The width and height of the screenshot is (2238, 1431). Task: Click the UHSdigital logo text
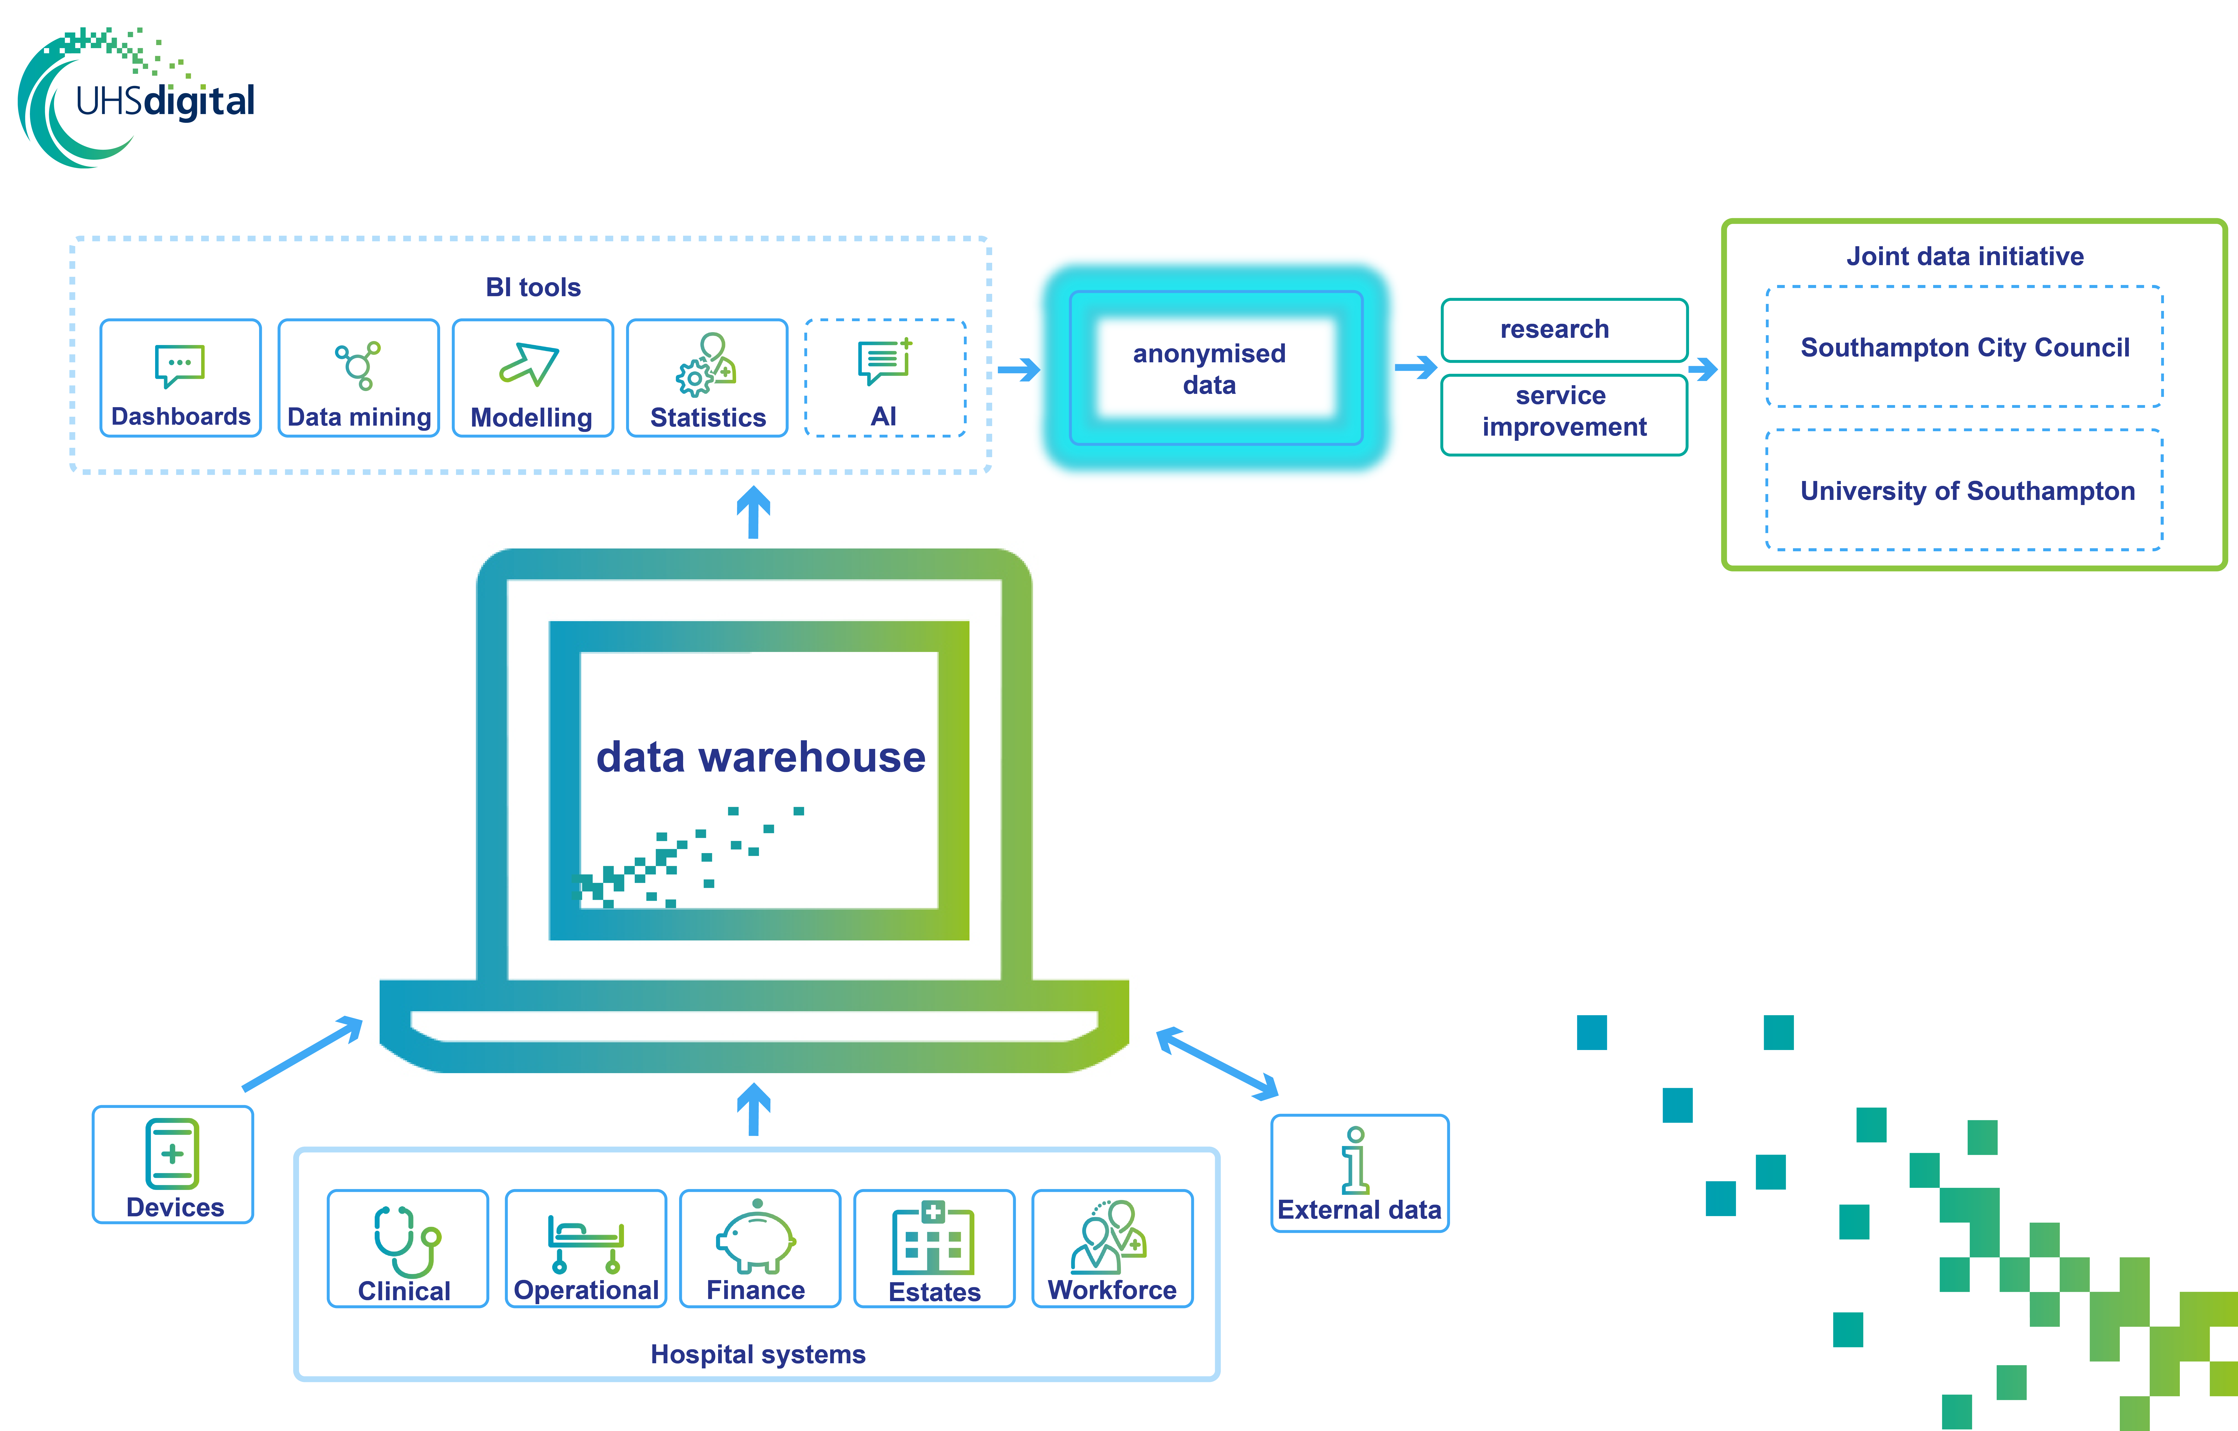[164, 100]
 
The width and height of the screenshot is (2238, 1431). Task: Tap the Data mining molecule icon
[358, 365]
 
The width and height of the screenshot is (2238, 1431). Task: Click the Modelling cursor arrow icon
[529, 364]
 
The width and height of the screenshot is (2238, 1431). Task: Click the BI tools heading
[534, 287]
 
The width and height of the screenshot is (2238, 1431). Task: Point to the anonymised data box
[1216, 368]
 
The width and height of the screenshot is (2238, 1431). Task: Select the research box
[1564, 330]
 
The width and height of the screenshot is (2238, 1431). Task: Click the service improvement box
[1564, 414]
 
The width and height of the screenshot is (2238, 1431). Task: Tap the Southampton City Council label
[1965, 348]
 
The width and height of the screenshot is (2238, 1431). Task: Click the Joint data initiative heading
[1965, 256]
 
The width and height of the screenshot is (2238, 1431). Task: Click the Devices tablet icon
[172, 1154]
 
